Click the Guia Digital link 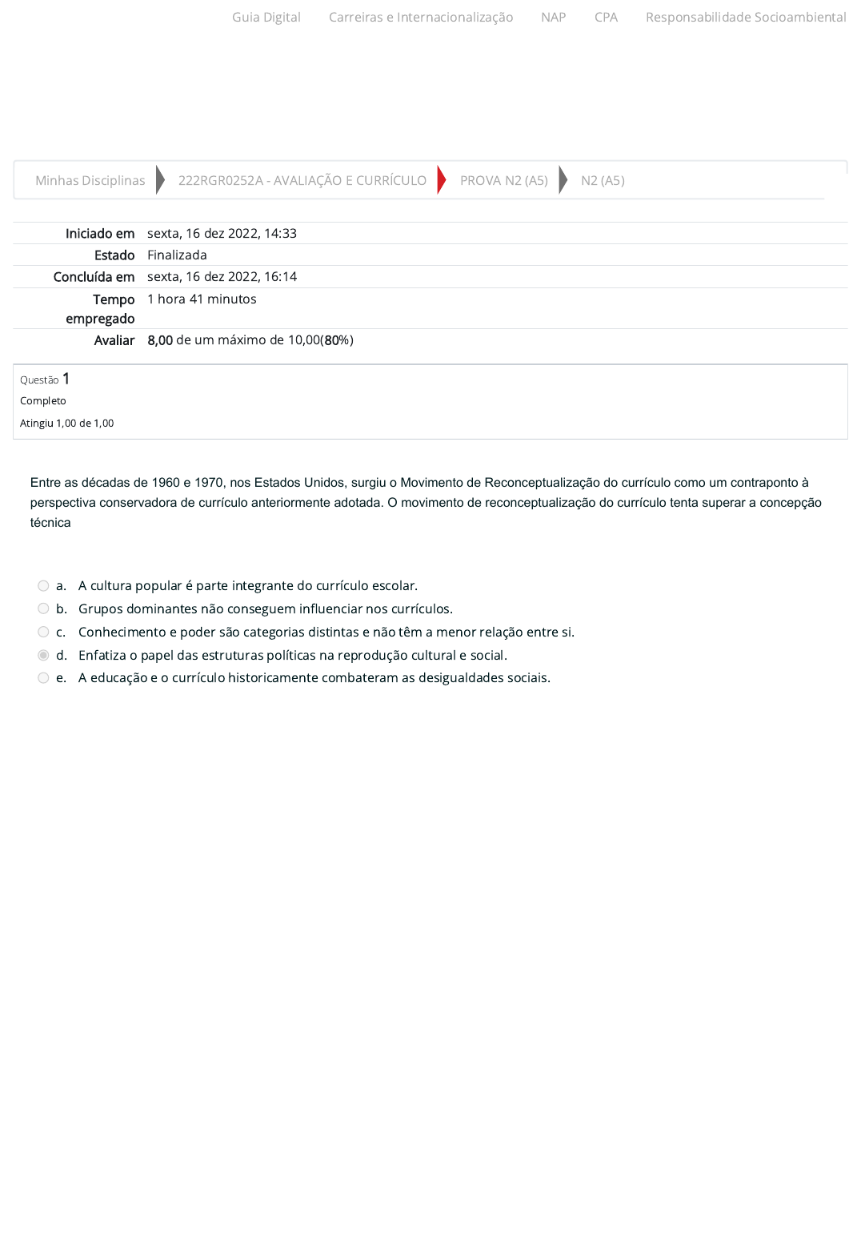click(x=266, y=18)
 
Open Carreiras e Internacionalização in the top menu click(x=421, y=18)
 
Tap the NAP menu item click(x=553, y=18)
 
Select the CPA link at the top click(x=606, y=18)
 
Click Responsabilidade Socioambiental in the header click(x=746, y=18)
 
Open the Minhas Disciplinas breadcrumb click(x=90, y=181)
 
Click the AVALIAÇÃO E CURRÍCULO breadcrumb click(x=302, y=181)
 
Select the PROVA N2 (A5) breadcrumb click(x=504, y=181)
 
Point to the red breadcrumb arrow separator click(x=442, y=180)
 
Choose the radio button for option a click(x=43, y=586)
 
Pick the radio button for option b click(x=43, y=609)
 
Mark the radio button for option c click(x=43, y=633)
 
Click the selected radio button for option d click(x=43, y=656)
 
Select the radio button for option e click(x=43, y=678)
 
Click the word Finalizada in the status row click(x=177, y=255)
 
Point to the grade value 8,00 click(x=160, y=340)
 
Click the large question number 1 click(x=66, y=379)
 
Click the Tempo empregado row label click(x=101, y=309)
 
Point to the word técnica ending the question click(x=50, y=523)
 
